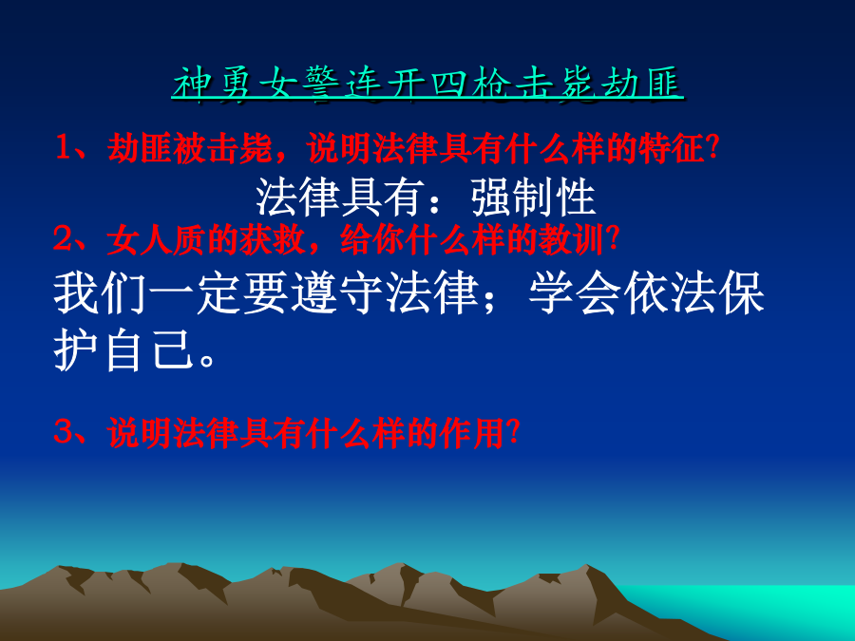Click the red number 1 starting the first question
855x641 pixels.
65,148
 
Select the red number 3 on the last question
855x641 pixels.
64,432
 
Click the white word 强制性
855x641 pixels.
533,197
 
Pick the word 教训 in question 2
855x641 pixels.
572,239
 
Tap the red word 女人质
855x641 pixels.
157,239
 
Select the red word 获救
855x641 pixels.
272,239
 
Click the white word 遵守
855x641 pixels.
339,293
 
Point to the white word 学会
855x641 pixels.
576,293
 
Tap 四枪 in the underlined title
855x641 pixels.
470,84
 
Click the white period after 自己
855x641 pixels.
208,360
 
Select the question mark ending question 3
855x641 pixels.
513,433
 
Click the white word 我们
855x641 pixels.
101,293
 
